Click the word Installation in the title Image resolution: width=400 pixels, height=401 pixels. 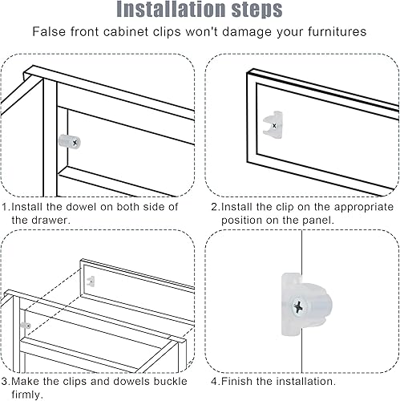(172, 9)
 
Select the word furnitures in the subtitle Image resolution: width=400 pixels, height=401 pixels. (337, 31)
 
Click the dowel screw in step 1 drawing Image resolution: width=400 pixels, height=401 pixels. (75, 143)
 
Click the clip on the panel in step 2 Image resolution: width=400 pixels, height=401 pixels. (273, 125)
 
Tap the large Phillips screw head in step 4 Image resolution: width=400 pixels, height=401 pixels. (299, 306)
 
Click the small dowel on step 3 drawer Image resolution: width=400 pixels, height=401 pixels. (26, 326)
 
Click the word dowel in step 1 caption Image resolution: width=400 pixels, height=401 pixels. (82, 207)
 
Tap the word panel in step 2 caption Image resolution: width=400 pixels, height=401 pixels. (318, 221)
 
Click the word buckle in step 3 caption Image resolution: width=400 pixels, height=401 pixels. (170, 382)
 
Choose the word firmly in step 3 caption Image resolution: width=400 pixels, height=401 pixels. (27, 395)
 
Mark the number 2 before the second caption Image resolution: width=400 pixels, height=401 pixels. (215, 207)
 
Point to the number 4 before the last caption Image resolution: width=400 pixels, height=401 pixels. (215, 382)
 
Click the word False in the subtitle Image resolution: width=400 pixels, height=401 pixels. (49, 31)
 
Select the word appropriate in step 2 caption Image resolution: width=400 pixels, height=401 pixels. (364, 208)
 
